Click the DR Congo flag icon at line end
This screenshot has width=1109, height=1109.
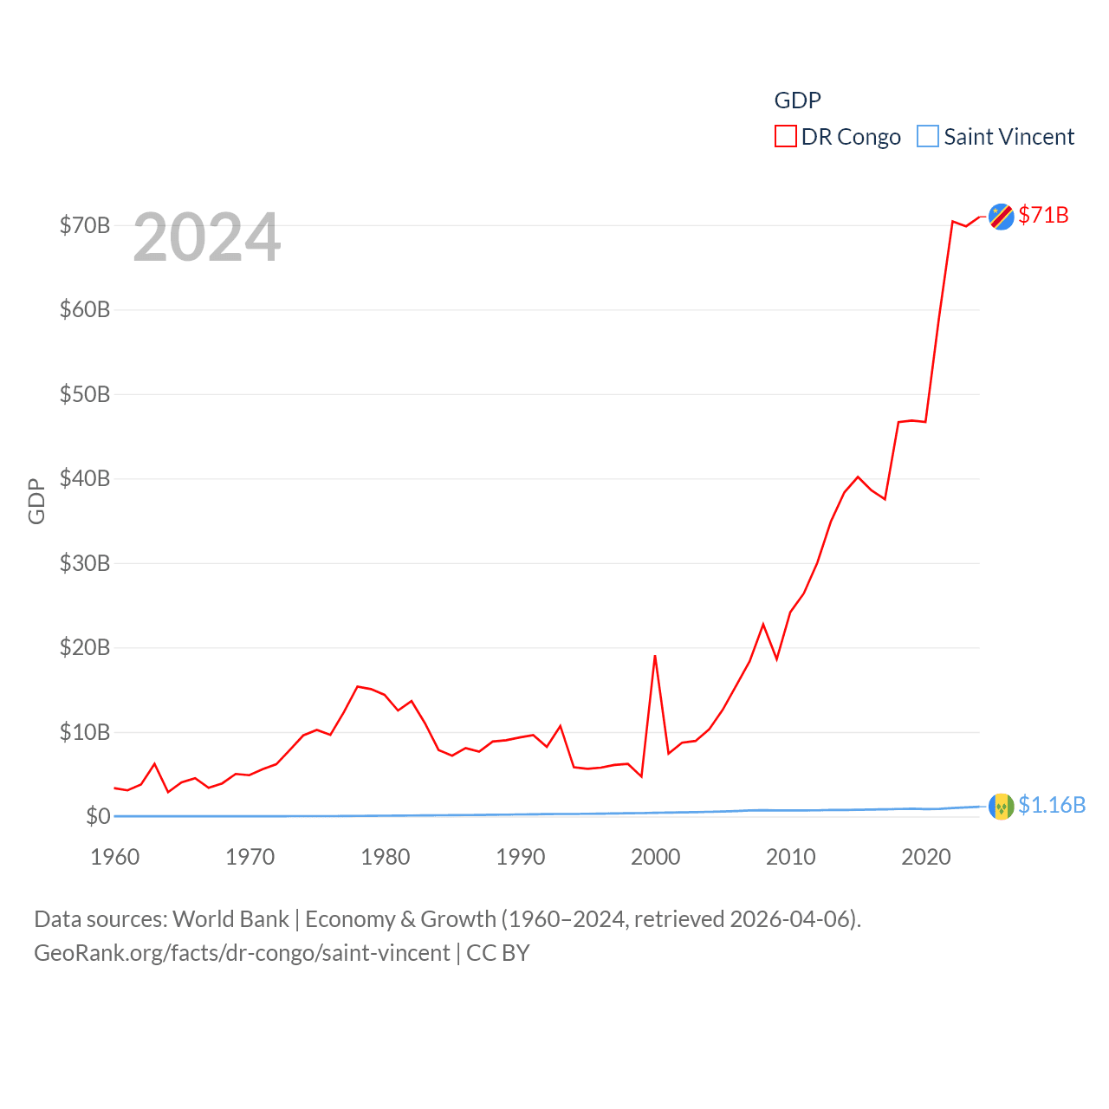pyautogui.click(x=1001, y=217)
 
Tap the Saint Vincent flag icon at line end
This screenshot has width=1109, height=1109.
pyautogui.click(x=1001, y=807)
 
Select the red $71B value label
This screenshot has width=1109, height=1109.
pyautogui.click(x=1043, y=215)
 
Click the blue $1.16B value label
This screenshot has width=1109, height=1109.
pyautogui.click(x=1052, y=805)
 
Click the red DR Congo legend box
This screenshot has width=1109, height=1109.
pyautogui.click(x=785, y=137)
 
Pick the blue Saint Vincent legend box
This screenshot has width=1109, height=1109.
pyautogui.click(x=927, y=137)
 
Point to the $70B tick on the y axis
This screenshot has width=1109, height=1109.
pyautogui.click(x=85, y=225)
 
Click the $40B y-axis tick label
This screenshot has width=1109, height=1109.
pyautogui.click(x=85, y=478)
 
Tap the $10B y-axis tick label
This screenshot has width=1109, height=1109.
pyautogui.click(x=85, y=732)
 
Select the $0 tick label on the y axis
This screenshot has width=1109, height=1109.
pyautogui.click(x=98, y=816)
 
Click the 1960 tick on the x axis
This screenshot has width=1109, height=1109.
pyautogui.click(x=115, y=857)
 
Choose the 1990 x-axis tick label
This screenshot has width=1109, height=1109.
pyautogui.click(x=521, y=857)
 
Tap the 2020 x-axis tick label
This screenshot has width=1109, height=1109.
pyautogui.click(x=926, y=857)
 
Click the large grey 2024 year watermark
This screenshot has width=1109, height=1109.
pyautogui.click(x=207, y=237)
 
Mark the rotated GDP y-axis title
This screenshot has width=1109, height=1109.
pyautogui.click(x=36, y=501)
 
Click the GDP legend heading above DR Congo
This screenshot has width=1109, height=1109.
pyautogui.click(x=797, y=101)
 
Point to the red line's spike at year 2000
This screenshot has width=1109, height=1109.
pyautogui.click(x=655, y=656)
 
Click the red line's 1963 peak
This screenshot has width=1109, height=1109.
pyautogui.click(x=154, y=763)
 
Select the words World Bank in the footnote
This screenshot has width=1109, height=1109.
pyautogui.click(x=230, y=918)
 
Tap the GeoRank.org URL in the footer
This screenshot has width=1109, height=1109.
pyautogui.click(x=242, y=953)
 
